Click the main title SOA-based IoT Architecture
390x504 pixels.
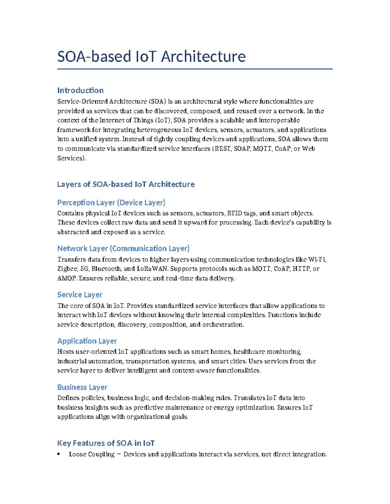pos(151,56)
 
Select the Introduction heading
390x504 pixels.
pos(80,90)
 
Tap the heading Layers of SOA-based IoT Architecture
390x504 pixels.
pos(126,184)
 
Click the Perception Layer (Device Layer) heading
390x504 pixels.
pos(111,203)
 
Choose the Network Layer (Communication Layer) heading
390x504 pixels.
pos(123,249)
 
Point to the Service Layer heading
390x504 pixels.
pos(80,295)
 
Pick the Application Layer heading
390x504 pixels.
pos(87,341)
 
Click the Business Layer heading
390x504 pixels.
pos(82,387)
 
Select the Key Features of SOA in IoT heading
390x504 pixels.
pos(106,443)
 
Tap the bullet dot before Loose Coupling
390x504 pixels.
pos(59,454)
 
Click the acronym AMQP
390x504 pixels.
pos(67,278)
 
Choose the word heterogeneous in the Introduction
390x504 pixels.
pos(159,130)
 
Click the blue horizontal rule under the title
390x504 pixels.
pos(195,69)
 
